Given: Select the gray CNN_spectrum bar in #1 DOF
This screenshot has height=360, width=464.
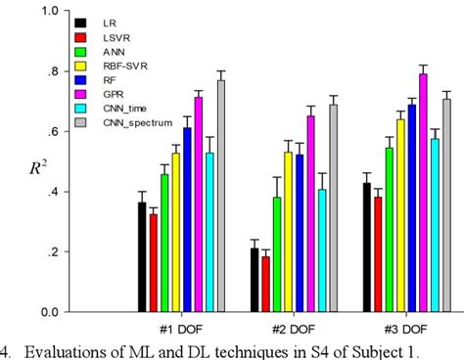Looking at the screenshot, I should point(220,196).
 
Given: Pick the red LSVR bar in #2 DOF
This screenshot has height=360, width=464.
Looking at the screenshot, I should point(265,285).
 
